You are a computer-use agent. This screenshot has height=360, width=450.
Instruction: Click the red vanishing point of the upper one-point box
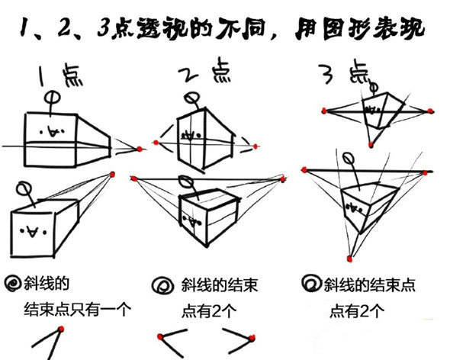pyautogui.click(x=140, y=148)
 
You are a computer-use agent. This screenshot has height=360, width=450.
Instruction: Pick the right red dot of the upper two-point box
pyautogui.click(x=257, y=145)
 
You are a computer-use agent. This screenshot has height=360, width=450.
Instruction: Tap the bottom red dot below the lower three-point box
pyautogui.click(x=350, y=255)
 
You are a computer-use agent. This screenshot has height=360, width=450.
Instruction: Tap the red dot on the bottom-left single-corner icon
pyautogui.click(x=60, y=329)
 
